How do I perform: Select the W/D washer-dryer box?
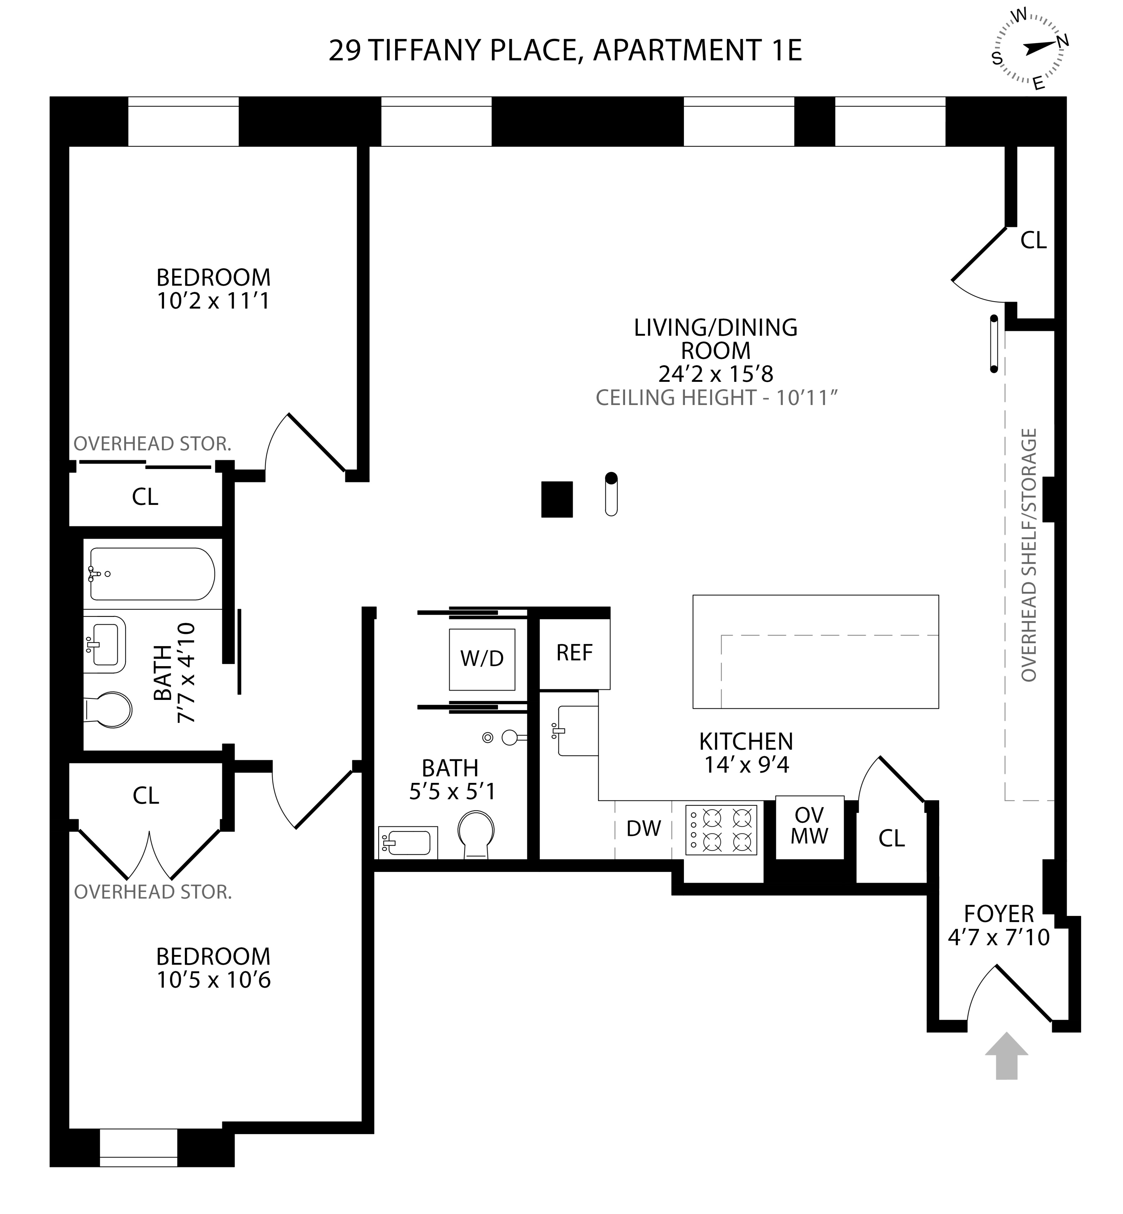coord(482,659)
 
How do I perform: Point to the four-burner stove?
coord(721,830)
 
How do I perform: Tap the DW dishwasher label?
coord(643,828)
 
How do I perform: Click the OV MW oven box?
coord(810,827)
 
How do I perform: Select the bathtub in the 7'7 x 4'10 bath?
coord(152,574)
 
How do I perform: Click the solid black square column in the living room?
coord(557,499)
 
